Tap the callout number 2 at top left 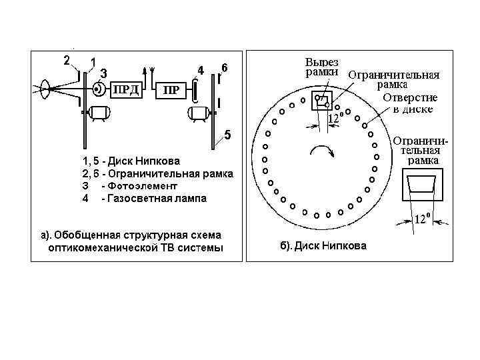[x=67, y=60]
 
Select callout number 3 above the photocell [x=104, y=73]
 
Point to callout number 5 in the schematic [x=227, y=136]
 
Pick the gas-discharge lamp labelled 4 [x=195, y=89]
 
